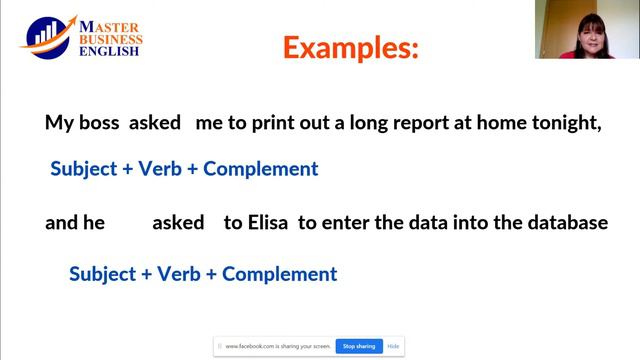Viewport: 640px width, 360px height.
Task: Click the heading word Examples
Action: point(350,47)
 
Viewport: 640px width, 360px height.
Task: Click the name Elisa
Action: point(268,223)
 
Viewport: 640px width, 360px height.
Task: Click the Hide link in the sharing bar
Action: point(393,346)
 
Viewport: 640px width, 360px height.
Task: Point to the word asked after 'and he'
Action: point(178,223)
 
